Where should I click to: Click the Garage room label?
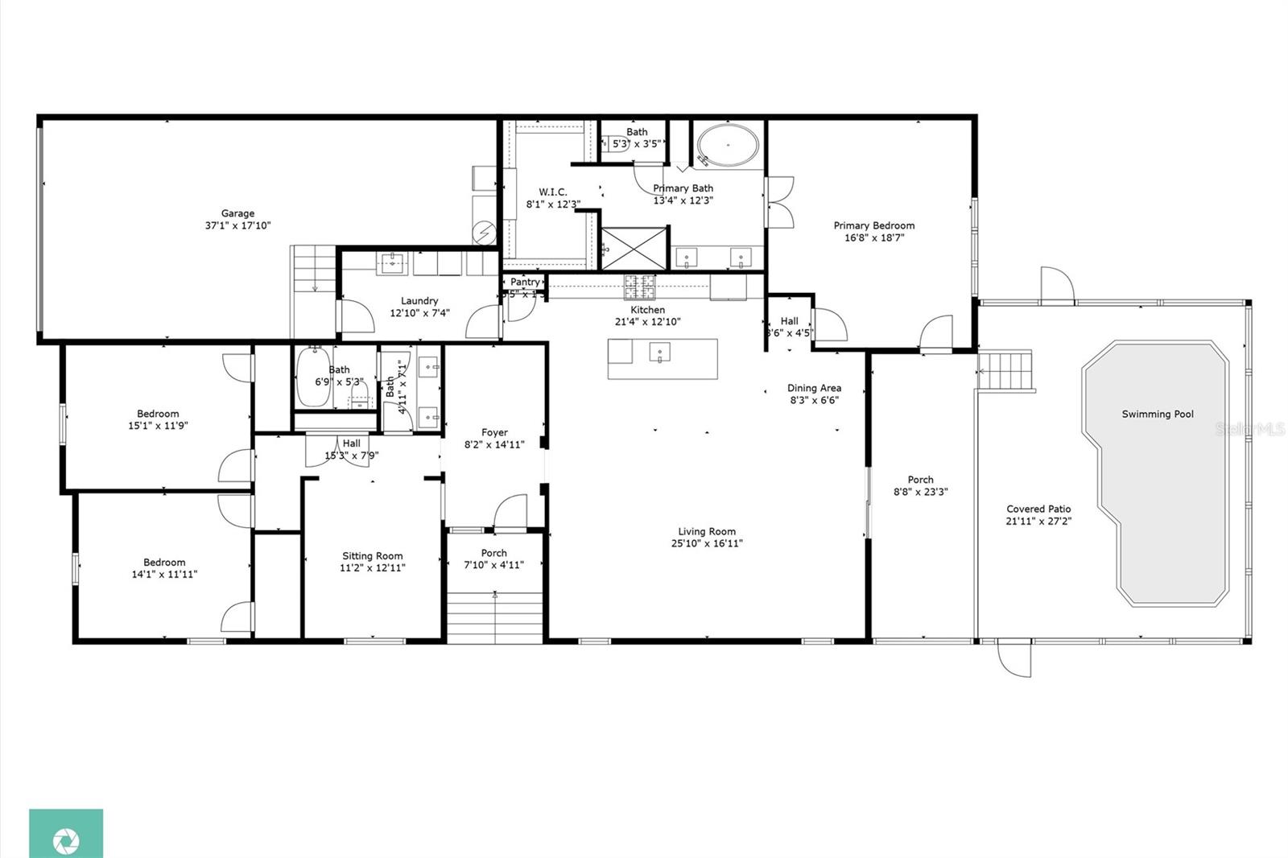pos(237,213)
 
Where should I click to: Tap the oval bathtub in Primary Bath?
pos(727,146)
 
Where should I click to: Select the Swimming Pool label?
pos(1158,415)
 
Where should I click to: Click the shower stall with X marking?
pos(634,248)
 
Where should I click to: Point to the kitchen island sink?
pos(661,353)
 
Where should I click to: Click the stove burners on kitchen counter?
pos(641,287)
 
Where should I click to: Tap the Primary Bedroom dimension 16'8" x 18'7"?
pos(874,237)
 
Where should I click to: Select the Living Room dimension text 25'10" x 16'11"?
pos(707,543)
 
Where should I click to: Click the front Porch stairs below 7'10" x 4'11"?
pos(494,617)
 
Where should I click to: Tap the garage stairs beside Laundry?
pos(313,269)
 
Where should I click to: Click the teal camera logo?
pos(66,833)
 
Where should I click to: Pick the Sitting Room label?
pos(372,556)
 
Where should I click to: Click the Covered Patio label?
pos(1038,509)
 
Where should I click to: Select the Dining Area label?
pos(814,388)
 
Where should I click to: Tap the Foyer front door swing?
pos(510,513)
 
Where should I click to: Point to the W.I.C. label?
pos(553,192)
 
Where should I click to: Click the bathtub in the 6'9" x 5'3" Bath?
pos(311,378)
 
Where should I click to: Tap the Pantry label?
pos(525,282)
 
